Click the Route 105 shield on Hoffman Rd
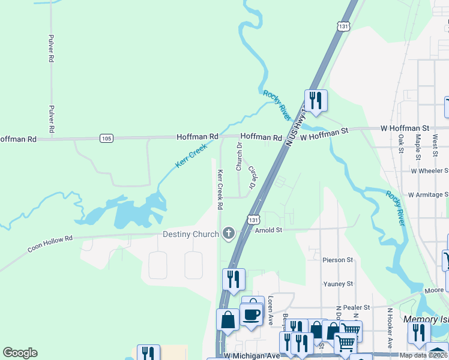106,139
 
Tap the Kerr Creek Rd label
220,189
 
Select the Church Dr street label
239,157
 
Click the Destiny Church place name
190,233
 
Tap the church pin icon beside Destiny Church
228,233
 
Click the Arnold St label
268,230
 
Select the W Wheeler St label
430,170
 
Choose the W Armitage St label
428,194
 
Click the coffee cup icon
250,313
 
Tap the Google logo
20,353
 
